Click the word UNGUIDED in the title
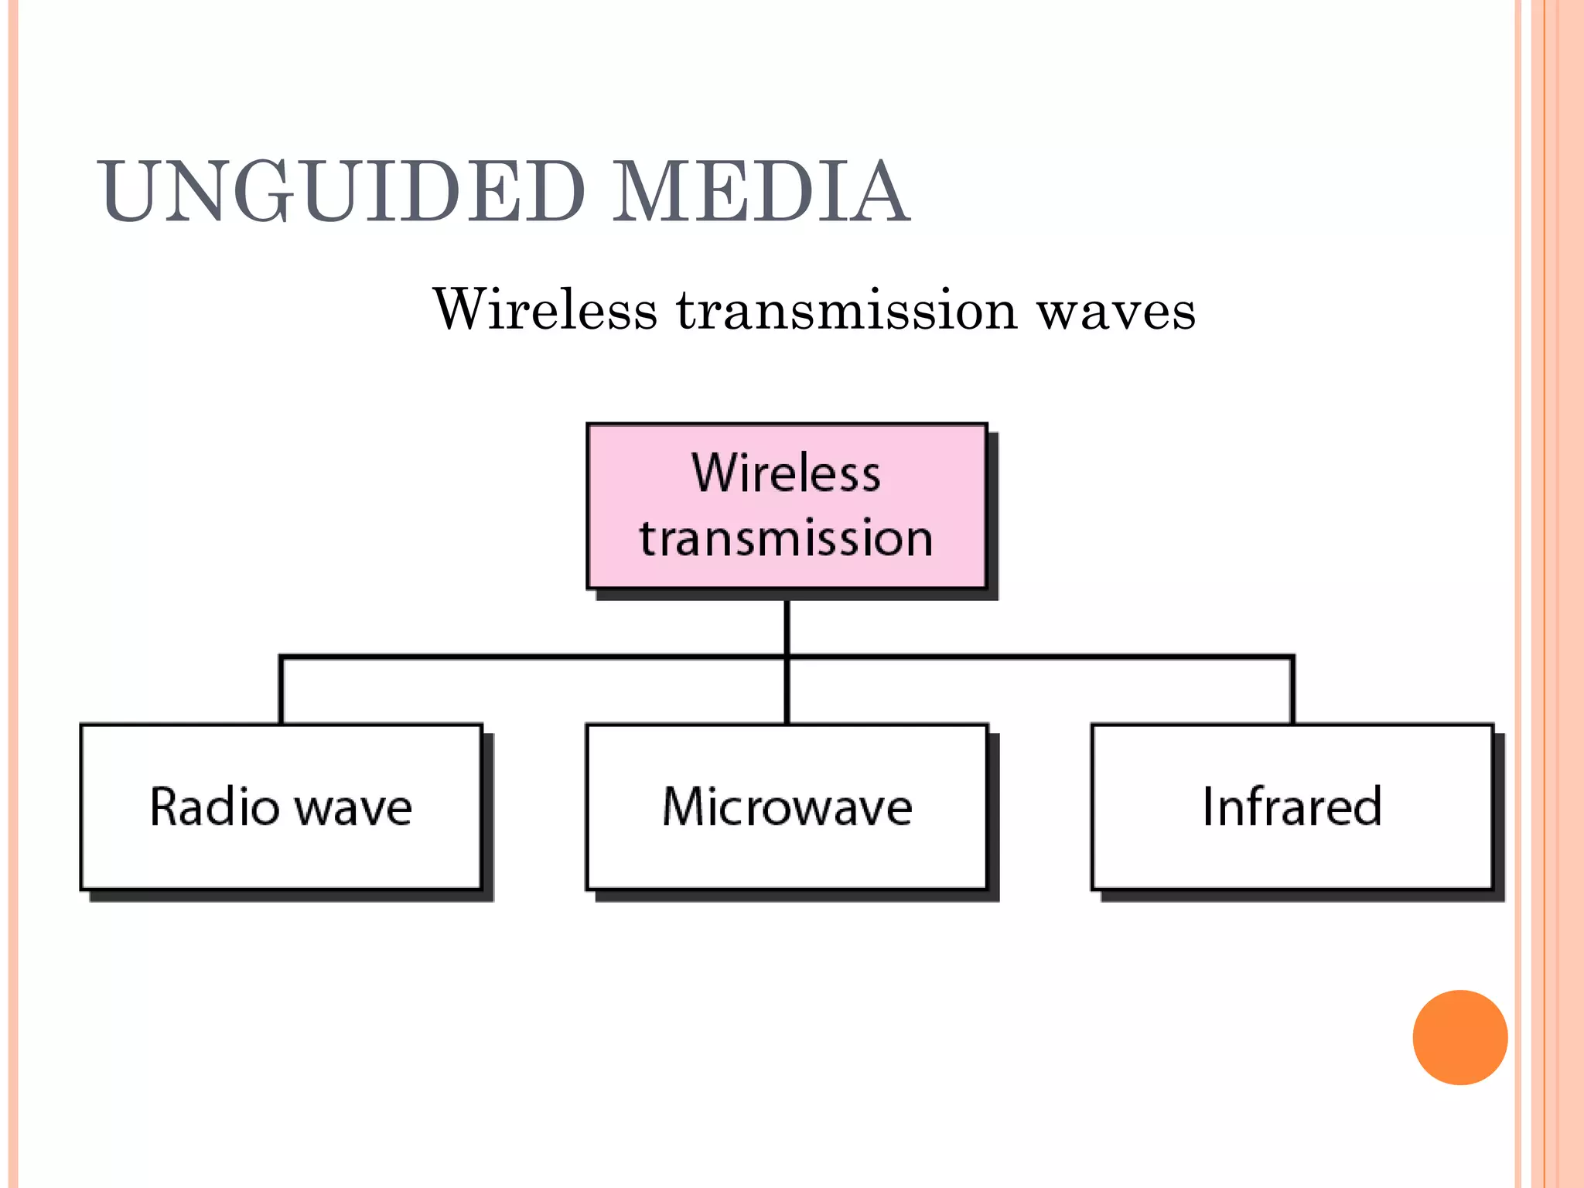point(341,192)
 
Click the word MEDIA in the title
point(760,192)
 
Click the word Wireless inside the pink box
point(786,473)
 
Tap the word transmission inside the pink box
point(786,538)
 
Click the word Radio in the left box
point(214,807)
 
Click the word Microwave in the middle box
point(787,807)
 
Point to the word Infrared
point(1292,807)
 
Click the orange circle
point(1459,1037)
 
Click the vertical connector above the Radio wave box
point(281,690)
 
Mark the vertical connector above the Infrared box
point(1292,690)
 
